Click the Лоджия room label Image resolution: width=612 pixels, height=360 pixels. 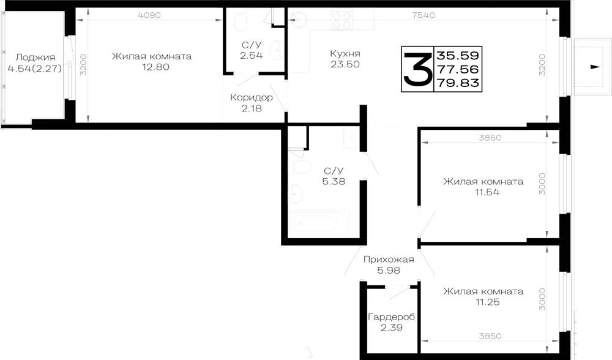pos(35,58)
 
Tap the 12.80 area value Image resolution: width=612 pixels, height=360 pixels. pos(155,67)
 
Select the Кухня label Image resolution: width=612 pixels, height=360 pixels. pos(345,53)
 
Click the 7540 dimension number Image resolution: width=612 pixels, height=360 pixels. pos(424,15)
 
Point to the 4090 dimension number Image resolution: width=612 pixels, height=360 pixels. pos(149,15)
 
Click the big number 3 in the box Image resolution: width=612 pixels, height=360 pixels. pos(417,69)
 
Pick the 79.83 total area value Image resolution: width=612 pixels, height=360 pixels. pos(458,83)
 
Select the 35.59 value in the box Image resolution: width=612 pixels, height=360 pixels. pos(458,54)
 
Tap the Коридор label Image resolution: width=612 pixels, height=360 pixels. pos(252,97)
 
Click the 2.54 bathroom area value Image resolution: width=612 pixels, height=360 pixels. pos(252,56)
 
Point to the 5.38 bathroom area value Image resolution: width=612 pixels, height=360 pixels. pos(334,181)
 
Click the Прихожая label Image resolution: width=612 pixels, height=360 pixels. pos(389,259)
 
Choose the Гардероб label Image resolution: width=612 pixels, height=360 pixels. pos(392,317)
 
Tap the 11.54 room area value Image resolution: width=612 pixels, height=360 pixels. pos(487,192)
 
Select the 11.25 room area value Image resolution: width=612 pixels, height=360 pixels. pos(487,302)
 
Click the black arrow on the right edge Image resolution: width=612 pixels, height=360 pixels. pos(595,67)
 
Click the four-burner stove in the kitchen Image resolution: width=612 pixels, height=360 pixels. pos(342,20)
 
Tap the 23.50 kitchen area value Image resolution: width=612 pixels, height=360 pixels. pos(345,64)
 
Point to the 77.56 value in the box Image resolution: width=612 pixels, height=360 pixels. pos(458,69)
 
